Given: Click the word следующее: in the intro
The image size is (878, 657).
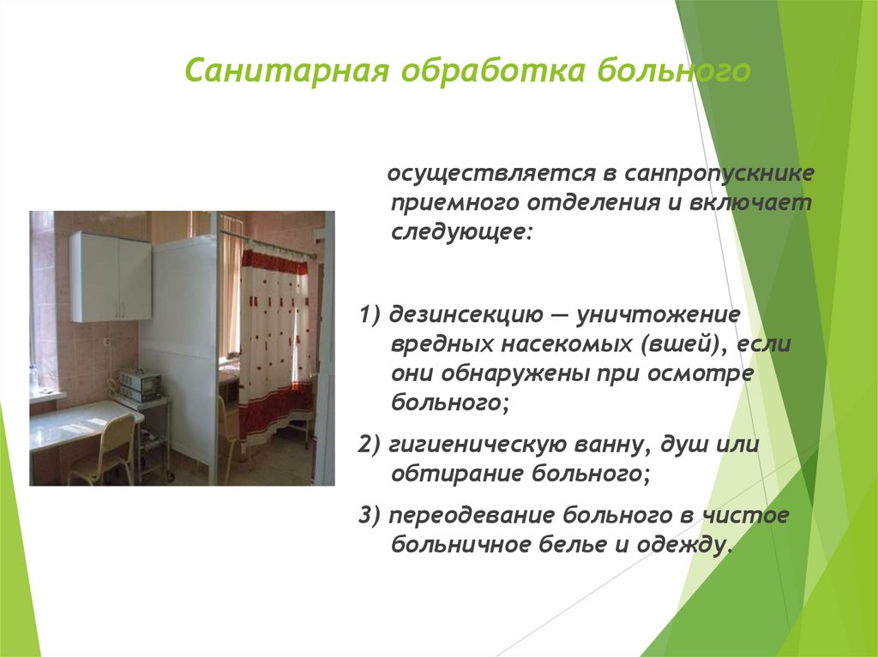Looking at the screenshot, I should click(x=462, y=232).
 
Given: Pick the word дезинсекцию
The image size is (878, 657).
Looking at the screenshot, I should click(x=464, y=314).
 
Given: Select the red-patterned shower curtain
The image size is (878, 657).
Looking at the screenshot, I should click(x=274, y=343).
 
